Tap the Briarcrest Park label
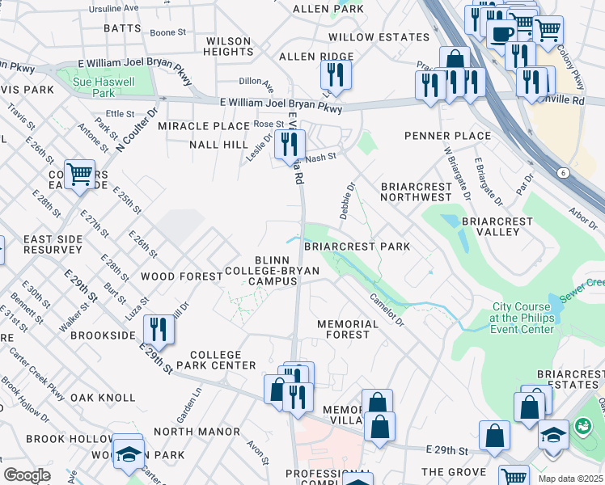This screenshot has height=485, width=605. pyautogui.click(x=357, y=246)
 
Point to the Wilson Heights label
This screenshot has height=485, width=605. pyautogui.click(x=229, y=46)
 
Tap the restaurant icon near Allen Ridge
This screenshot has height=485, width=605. pyautogui.click(x=335, y=75)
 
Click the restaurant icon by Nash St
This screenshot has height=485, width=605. pyautogui.click(x=289, y=145)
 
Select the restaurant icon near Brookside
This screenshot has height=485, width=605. pyautogui.click(x=159, y=329)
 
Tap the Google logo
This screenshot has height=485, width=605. pyautogui.click(x=27, y=474)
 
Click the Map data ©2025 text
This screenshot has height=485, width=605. pyautogui.click(x=570, y=479)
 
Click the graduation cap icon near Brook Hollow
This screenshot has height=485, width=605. pyautogui.click(x=128, y=453)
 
